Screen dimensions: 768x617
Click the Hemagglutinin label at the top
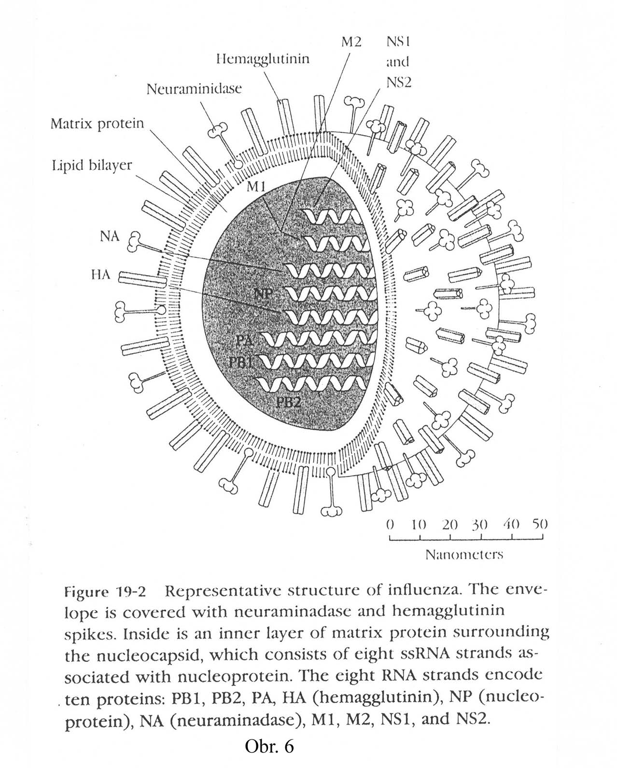pos(263,59)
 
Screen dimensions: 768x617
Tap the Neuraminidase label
pos(194,89)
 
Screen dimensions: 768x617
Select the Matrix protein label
pos(97,124)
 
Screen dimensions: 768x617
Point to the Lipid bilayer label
pos(91,166)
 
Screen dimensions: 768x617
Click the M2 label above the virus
pos(351,42)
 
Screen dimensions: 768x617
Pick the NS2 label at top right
pos(398,83)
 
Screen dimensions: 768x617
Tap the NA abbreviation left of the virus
pos(110,237)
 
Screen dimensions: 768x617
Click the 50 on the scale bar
pos(540,524)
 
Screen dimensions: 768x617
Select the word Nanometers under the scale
pos(464,554)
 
